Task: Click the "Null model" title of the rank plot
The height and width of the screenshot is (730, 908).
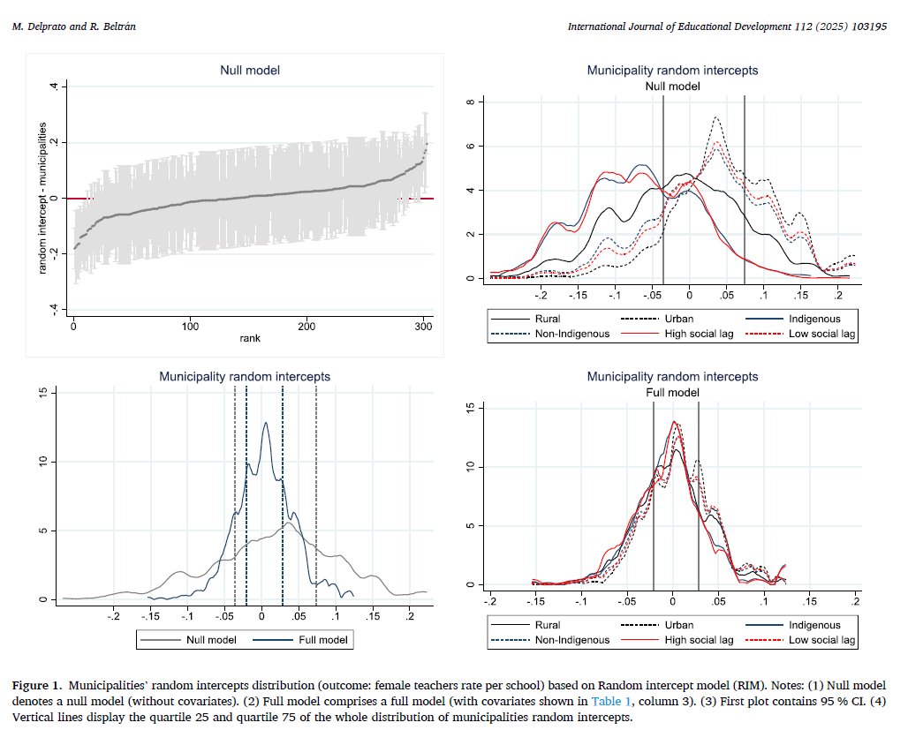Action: (x=249, y=70)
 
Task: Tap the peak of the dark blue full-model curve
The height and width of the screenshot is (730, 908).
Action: (x=265, y=422)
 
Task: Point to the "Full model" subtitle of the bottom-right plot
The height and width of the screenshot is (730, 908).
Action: (x=672, y=392)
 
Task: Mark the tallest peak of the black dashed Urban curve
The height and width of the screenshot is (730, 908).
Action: (x=715, y=118)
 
